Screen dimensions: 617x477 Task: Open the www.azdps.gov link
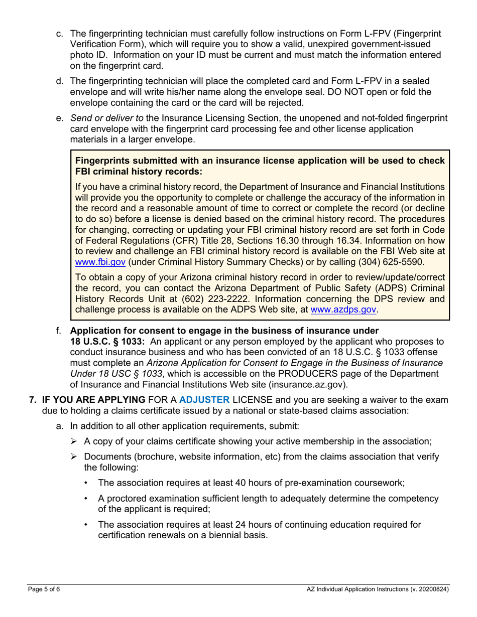[x=343, y=310]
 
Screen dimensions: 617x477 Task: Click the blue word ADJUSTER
[x=204, y=400]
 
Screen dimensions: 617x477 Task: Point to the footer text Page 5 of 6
[x=44, y=589]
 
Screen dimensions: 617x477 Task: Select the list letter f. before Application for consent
[x=59, y=331]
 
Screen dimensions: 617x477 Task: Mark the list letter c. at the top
[x=59, y=34]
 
